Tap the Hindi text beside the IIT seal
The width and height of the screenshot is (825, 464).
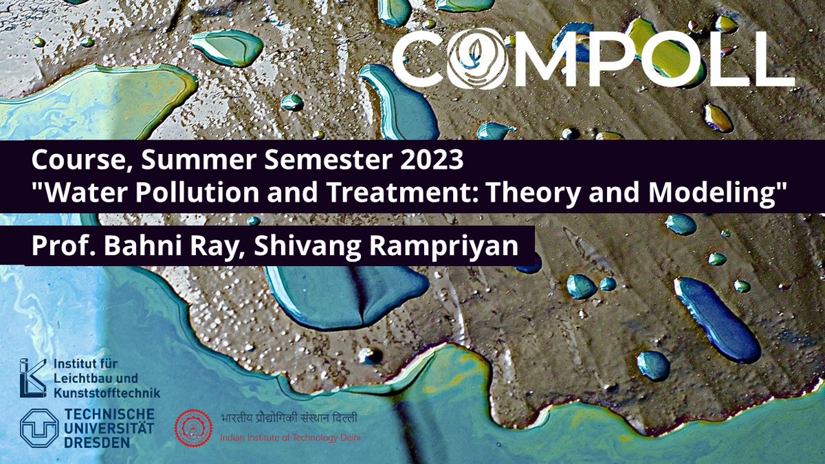[288, 418]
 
